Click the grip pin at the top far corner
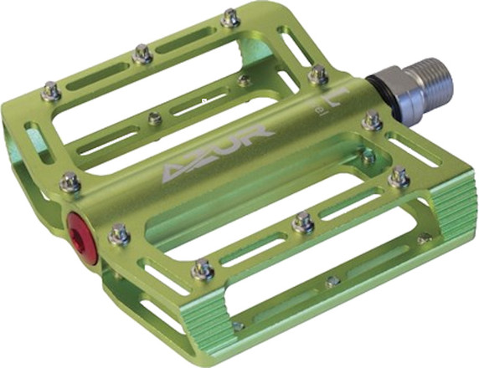point(229,17)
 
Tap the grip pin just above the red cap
point(70,180)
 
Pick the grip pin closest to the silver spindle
point(370,121)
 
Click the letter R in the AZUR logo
point(263,132)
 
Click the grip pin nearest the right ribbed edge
point(399,176)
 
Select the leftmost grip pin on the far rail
point(51,90)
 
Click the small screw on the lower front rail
point(332,281)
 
